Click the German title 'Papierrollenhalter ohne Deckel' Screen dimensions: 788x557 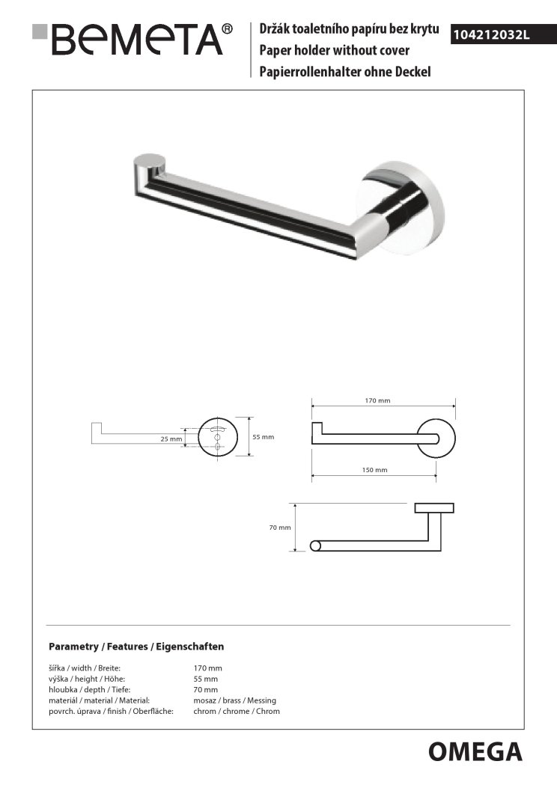[x=344, y=72]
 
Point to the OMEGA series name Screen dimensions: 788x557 [x=475, y=750]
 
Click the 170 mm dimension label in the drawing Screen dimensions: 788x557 [x=377, y=401]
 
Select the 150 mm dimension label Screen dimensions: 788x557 [x=375, y=470]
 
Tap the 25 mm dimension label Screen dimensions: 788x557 [x=171, y=439]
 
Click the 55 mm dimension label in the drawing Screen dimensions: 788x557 [x=264, y=436]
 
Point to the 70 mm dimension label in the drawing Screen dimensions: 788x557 [x=280, y=528]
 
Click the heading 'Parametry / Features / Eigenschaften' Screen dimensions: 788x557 [x=136, y=646]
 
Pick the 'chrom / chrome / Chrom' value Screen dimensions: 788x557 [x=237, y=711]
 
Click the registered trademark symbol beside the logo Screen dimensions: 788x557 [x=228, y=28]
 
